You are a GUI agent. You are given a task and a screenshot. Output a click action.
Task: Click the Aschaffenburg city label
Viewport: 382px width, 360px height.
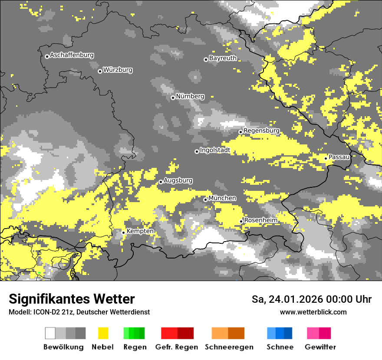click(x=72, y=55)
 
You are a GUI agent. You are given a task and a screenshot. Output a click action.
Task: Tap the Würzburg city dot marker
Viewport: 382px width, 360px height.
click(x=100, y=71)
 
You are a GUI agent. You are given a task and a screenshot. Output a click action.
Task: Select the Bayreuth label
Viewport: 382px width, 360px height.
click(x=223, y=58)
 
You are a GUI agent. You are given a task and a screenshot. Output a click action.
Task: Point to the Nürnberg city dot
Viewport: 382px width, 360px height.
click(x=173, y=98)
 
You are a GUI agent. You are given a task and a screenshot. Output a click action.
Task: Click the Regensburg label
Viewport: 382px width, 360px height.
click(x=261, y=131)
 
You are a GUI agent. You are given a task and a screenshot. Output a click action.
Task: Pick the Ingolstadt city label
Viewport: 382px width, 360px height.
click(x=215, y=150)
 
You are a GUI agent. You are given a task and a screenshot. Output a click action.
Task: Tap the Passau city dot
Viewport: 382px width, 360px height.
click(x=326, y=158)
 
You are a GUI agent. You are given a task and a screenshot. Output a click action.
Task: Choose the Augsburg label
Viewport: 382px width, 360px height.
click(x=178, y=180)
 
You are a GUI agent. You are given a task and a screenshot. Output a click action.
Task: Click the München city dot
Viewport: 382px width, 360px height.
click(x=205, y=200)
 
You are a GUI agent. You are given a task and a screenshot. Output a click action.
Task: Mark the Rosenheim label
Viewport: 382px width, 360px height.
click(x=260, y=220)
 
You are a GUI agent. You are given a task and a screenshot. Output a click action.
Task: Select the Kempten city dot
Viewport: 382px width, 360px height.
click(x=123, y=232)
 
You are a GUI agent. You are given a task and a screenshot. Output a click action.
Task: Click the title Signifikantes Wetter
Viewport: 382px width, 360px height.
click(x=72, y=299)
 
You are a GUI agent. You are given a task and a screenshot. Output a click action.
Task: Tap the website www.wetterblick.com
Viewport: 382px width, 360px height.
click(x=313, y=312)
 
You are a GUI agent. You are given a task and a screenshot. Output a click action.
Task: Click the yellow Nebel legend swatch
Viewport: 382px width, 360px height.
click(x=103, y=333)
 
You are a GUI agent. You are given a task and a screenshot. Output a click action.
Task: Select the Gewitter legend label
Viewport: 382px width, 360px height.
click(x=320, y=347)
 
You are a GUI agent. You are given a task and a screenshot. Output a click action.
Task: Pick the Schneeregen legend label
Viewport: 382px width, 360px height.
click(x=229, y=347)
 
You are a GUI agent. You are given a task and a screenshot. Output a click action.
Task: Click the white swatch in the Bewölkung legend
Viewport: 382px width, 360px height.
click(x=50, y=333)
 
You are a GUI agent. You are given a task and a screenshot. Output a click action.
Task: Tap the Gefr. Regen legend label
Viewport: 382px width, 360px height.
click(x=177, y=347)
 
